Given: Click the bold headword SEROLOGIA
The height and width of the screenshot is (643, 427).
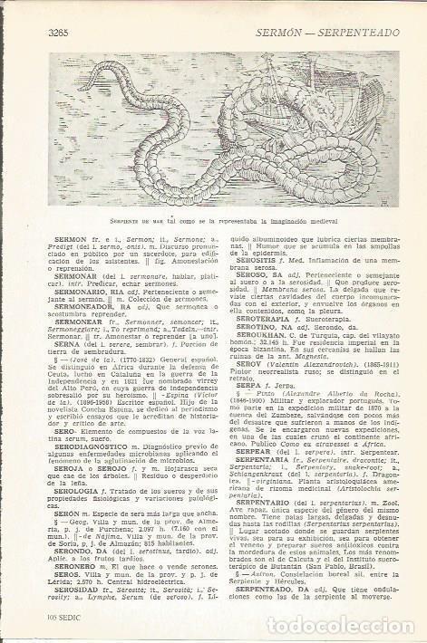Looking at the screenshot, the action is pyautogui.click(x=55, y=496).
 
